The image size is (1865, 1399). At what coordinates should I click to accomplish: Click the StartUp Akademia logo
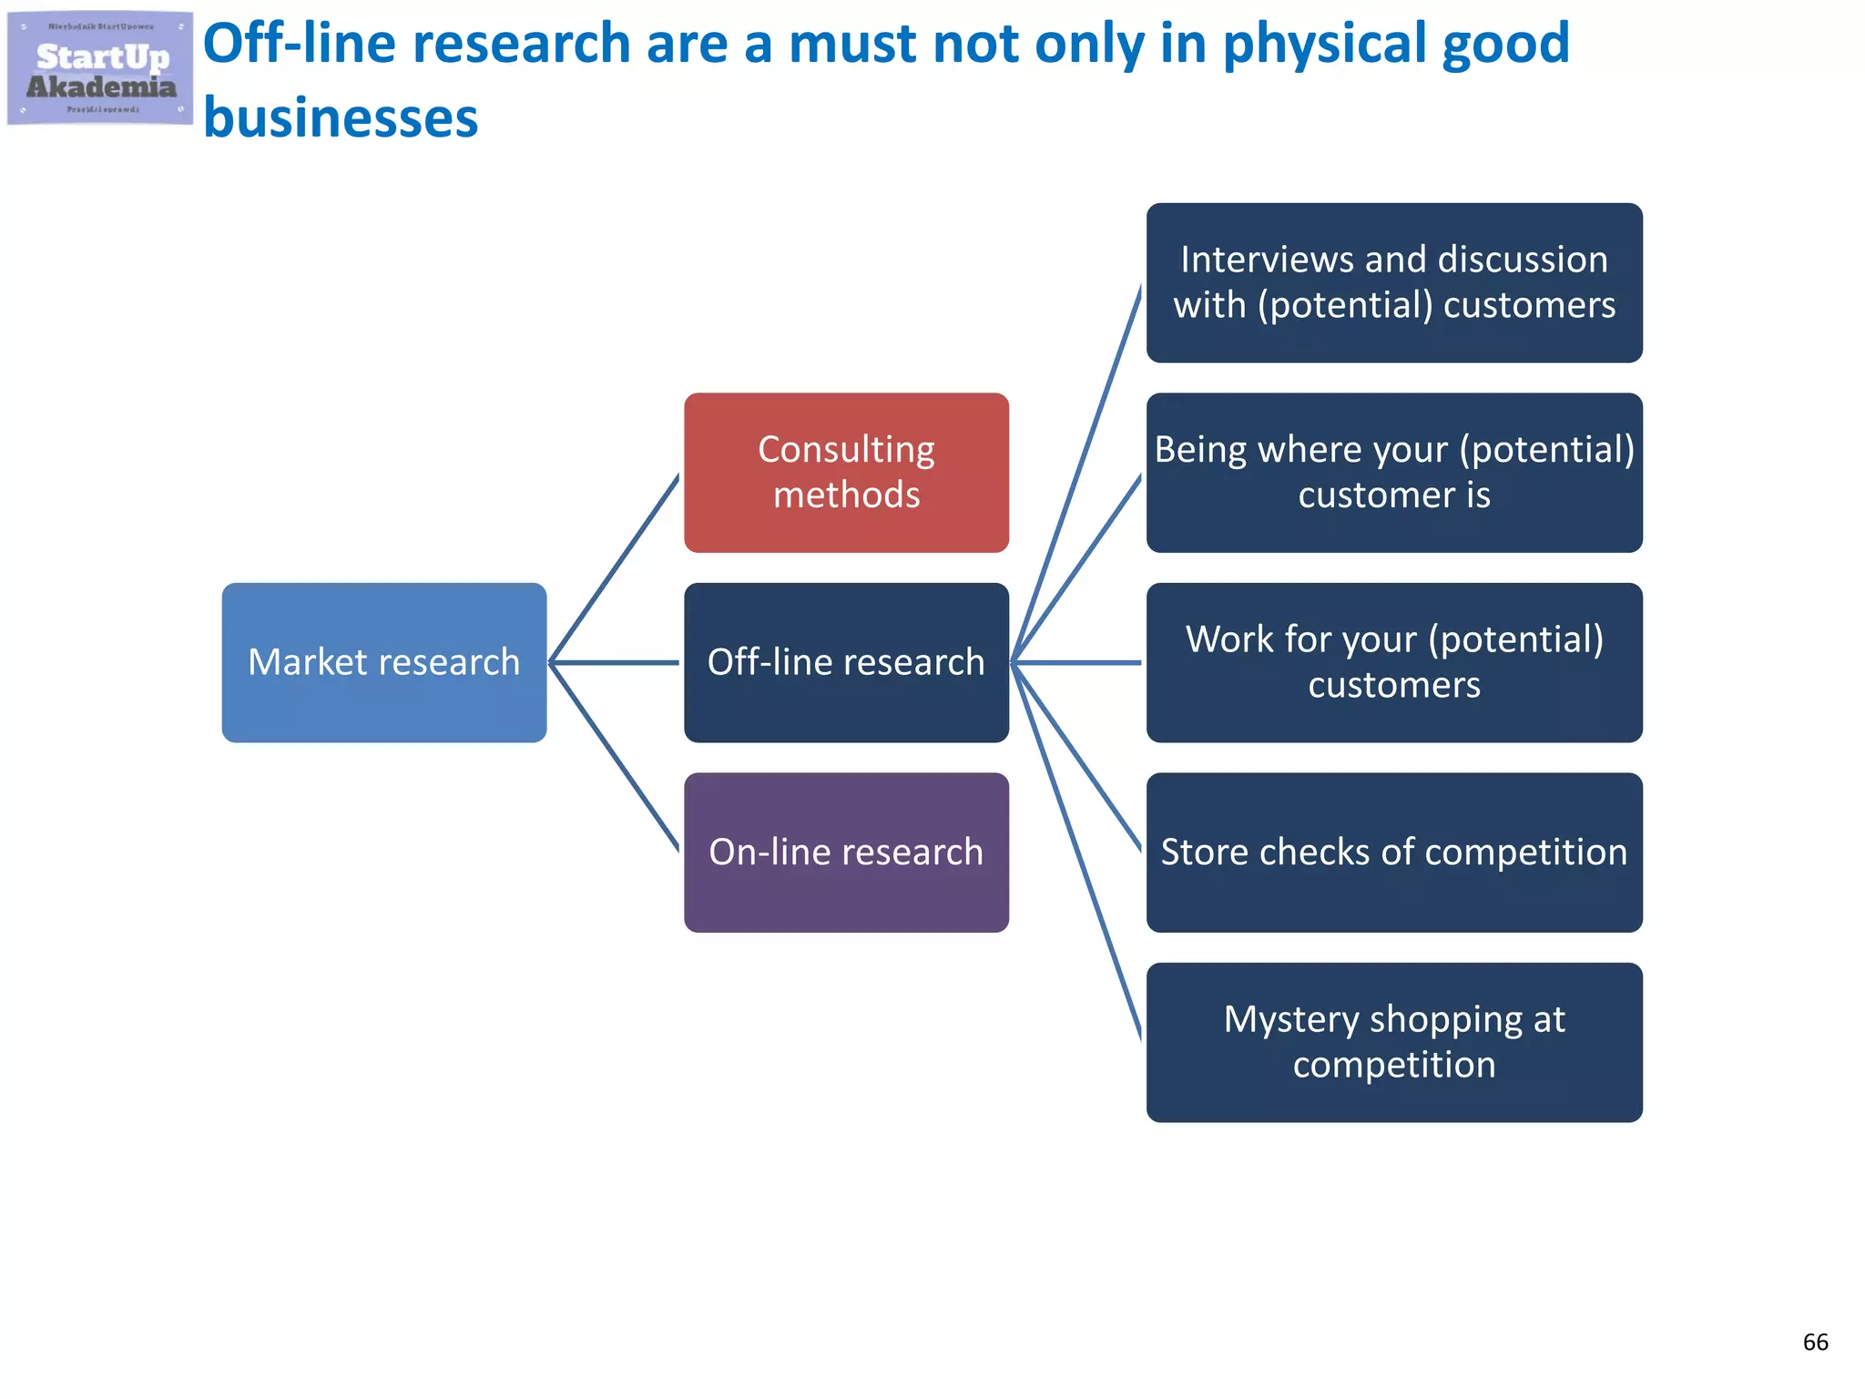pyautogui.click(x=100, y=69)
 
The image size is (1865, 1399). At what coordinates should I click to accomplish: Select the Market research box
pyautogui.click(x=383, y=662)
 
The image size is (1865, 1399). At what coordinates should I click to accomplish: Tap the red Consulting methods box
pyautogui.click(x=846, y=472)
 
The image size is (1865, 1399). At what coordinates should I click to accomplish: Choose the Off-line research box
pyautogui.click(x=846, y=662)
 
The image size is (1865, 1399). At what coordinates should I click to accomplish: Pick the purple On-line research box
pyautogui.click(x=846, y=853)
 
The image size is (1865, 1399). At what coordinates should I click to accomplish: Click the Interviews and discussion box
pyautogui.click(x=1393, y=282)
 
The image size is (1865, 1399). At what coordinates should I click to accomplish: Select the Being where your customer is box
pyautogui.click(x=1393, y=472)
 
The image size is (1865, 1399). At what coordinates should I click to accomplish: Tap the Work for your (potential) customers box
pyautogui.click(x=1393, y=662)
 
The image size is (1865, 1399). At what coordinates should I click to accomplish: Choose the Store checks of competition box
pyautogui.click(x=1393, y=853)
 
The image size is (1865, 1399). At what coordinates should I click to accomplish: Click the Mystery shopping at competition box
pyautogui.click(x=1393, y=1042)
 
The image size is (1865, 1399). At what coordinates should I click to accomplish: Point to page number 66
pyautogui.click(x=1815, y=1342)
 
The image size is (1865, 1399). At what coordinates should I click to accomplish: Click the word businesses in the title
pyautogui.click(x=341, y=118)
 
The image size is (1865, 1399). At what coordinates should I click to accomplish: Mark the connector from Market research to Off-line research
pyautogui.click(x=615, y=662)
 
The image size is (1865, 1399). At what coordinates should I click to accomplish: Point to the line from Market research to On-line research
pyautogui.click(x=615, y=756)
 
